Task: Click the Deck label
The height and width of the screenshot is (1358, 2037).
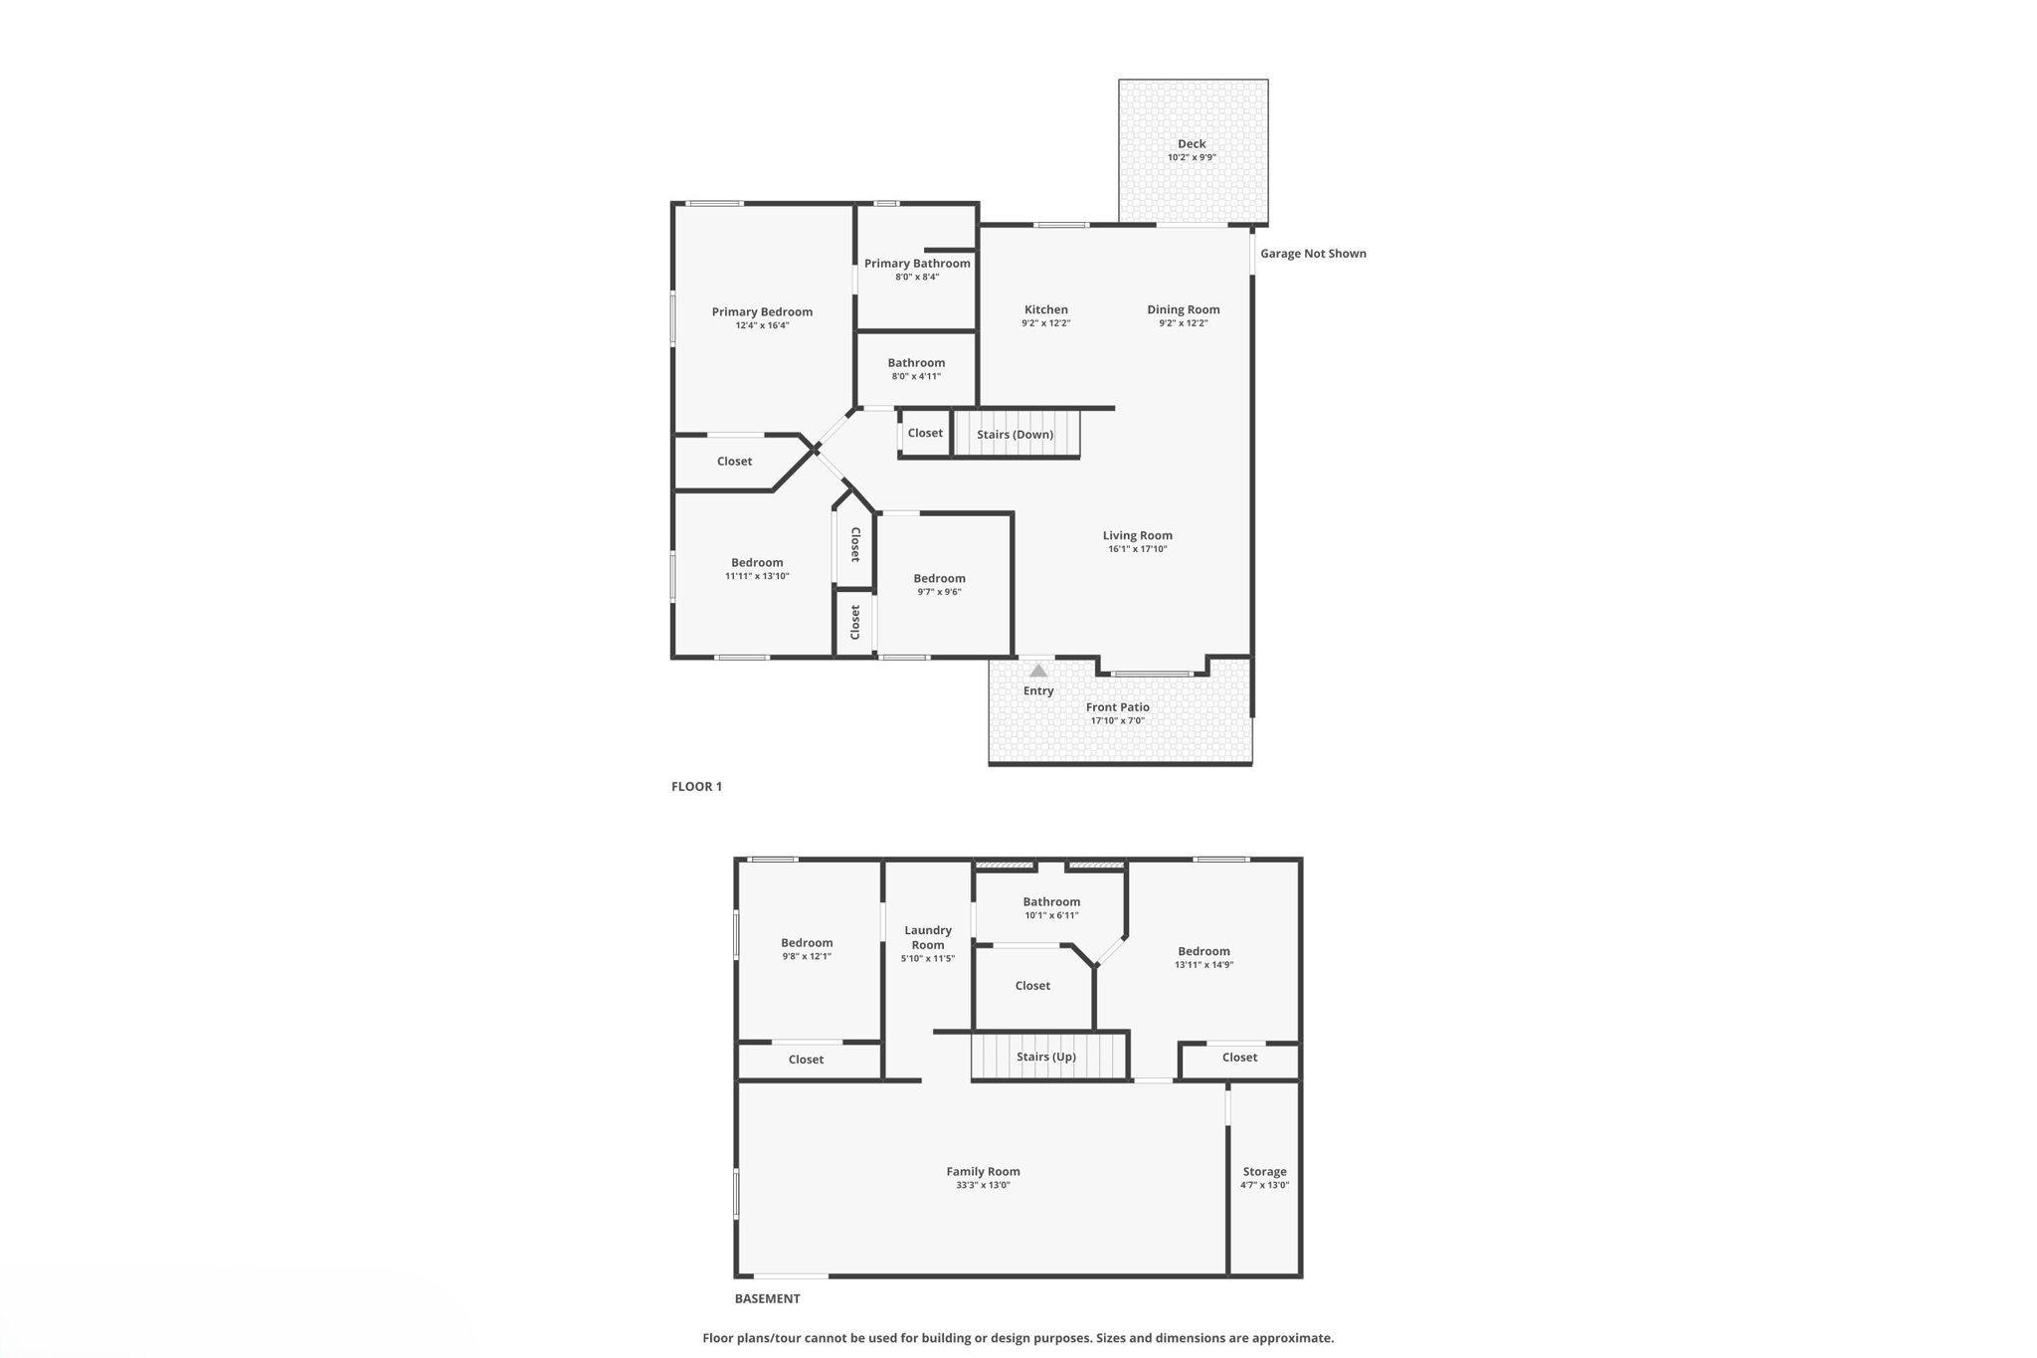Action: coord(1192,144)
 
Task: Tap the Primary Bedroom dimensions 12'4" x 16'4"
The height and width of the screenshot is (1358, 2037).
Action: coord(762,326)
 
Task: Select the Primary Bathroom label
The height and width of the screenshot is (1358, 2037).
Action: coord(917,264)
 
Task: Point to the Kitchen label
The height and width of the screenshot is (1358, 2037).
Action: coord(1046,309)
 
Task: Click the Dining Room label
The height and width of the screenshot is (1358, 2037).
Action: coord(1183,309)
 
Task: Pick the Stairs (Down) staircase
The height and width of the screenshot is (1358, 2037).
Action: coord(1017,435)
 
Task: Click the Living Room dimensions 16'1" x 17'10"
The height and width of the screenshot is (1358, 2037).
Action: coord(1137,549)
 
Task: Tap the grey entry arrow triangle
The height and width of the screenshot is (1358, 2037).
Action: coord(1038,671)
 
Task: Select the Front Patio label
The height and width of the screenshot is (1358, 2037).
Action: coord(1117,707)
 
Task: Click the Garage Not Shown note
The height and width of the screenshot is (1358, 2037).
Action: coord(1313,254)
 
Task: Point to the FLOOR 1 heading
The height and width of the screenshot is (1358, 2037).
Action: coord(696,787)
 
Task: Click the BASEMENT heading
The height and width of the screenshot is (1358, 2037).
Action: coord(767,1298)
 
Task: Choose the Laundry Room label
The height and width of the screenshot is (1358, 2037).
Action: coord(928,938)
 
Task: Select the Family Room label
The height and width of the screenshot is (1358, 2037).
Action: coord(983,1172)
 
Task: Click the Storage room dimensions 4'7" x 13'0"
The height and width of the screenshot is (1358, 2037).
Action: coord(1264,1186)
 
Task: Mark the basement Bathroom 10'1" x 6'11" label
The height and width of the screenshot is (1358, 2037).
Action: coord(1051,902)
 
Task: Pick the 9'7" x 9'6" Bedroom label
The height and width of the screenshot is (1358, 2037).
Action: coord(939,579)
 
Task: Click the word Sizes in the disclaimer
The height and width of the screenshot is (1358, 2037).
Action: coord(1112,1338)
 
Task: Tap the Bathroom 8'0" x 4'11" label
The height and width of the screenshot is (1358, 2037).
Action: coord(916,363)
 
